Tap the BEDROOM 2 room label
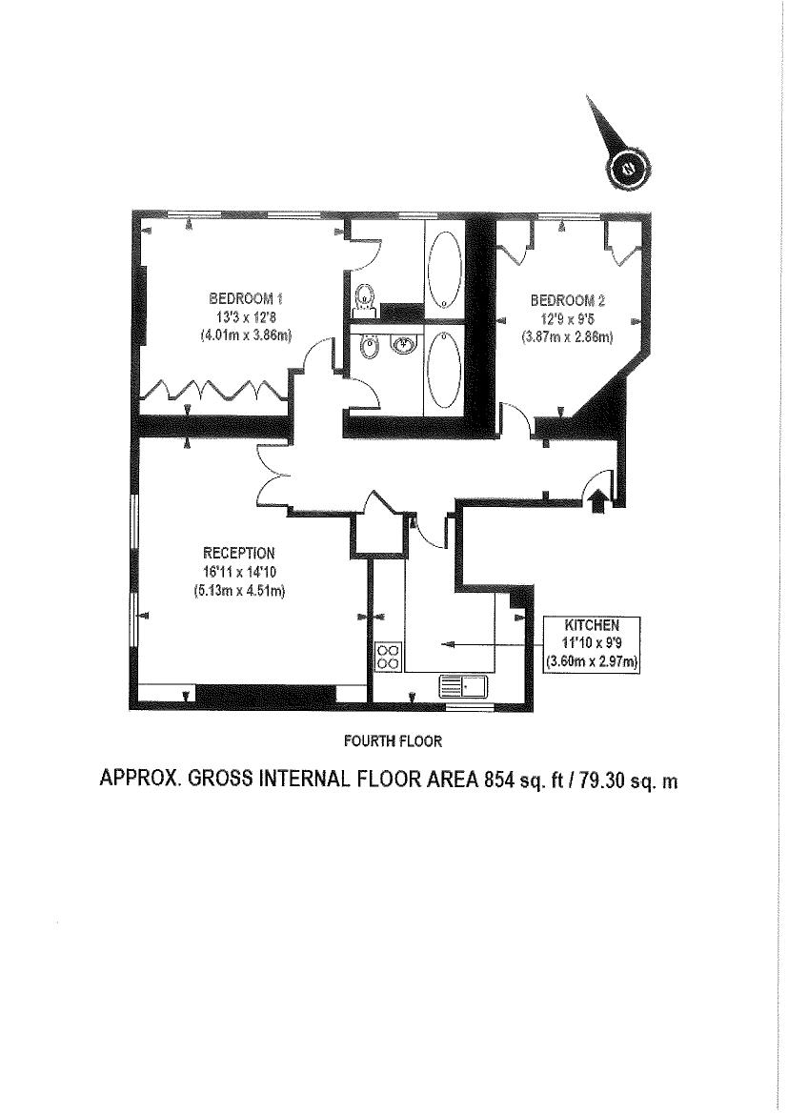pyautogui.click(x=568, y=299)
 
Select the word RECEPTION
pyautogui.click(x=239, y=553)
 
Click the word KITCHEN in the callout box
pyautogui.click(x=592, y=625)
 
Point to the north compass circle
pyautogui.click(x=628, y=170)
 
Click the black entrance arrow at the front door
pyautogui.click(x=596, y=501)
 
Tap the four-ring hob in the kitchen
pyautogui.click(x=389, y=655)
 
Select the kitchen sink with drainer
pyautogui.click(x=464, y=685)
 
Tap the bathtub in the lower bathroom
pyautogui.click(x=445, y=369)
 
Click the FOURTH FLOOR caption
pyautogui.click(x=393, y=741)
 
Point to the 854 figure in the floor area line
pyautogui.click(x=496, y=780)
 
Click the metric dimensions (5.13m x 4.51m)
pyautogui.click(x=239, y=590)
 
